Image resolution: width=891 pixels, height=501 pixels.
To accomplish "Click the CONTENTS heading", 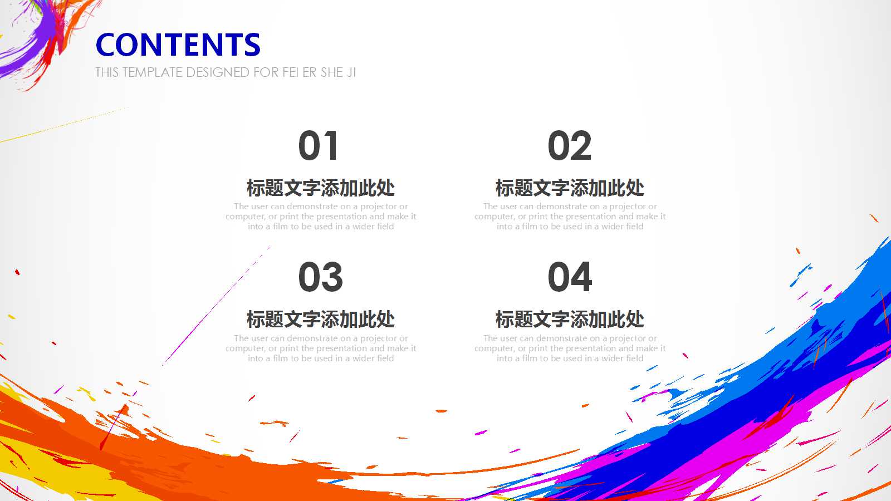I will (178, 45).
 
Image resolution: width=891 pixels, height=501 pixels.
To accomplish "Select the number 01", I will (319, 146).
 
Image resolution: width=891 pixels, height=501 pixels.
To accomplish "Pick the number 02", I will (570, 146).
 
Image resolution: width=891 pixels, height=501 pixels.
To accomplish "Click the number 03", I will (320, 277).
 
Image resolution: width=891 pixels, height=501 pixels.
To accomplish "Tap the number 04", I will (570, 277).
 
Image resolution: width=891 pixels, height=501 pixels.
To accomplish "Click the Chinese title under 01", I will (321, 188).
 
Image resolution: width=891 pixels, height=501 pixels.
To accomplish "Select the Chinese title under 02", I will (570, 188).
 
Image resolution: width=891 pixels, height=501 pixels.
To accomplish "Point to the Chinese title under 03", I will (321, 320).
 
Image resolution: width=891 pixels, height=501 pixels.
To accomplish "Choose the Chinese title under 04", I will (570, 320).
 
